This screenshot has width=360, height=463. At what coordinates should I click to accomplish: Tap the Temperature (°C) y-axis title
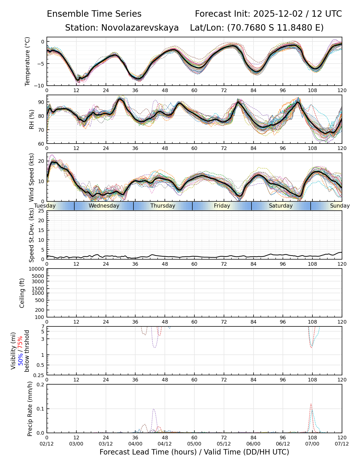tap(28, 61)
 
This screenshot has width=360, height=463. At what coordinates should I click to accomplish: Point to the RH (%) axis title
tap(32, 119)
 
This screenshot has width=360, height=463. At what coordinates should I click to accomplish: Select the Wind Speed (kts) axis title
tap(32, 177)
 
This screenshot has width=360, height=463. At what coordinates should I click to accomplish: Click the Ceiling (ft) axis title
tap(22, 293)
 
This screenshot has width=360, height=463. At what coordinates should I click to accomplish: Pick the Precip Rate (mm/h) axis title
tap(30, 408)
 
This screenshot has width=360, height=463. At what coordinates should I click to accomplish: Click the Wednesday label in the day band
tap(104, 206)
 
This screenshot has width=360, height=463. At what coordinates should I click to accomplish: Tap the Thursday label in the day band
tap(163, 206)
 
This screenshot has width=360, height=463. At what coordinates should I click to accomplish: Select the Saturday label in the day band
tap(281, 206)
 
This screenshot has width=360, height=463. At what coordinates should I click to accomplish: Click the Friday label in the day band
tap(222, 206)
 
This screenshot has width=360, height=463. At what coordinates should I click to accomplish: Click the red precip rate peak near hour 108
tap(311, 404)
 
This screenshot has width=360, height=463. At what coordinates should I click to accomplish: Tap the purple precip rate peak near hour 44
tap(154, 409)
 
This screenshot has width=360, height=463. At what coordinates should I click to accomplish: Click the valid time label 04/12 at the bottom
tap(165, 444)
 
